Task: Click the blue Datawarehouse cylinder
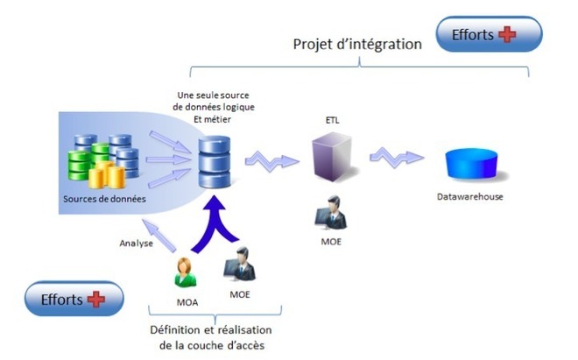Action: click(470, 164)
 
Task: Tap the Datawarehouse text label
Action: click(470, 197)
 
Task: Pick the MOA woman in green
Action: click(187, 272)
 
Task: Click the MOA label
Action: click(187, 302)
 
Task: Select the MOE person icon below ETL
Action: click(332, 213)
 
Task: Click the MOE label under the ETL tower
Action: click(332, 239)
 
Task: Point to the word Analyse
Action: click(136, 244)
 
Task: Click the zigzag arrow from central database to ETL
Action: click(270, 159)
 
